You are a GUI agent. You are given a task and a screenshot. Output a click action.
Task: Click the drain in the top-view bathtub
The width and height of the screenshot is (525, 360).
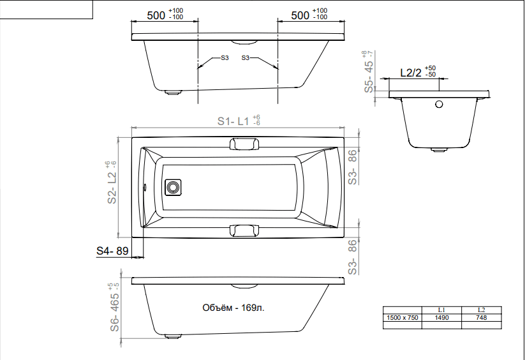click(173, 188)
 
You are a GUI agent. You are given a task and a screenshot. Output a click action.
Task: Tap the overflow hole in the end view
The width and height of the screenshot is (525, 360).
click(439, 104)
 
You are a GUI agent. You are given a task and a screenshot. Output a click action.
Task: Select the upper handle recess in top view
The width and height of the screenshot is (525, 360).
click(244, 144)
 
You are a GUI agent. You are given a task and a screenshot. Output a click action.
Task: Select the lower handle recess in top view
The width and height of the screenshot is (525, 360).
click(244, 230)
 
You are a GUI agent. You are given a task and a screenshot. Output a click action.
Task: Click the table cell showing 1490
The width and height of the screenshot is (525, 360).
click(441, 317)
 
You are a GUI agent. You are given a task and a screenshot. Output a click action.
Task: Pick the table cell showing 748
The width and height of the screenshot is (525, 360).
click(482, 317)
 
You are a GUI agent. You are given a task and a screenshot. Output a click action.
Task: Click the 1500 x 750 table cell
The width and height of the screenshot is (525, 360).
click(403, 317)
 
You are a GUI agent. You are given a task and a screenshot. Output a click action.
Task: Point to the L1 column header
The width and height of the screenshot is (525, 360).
click(441, 310)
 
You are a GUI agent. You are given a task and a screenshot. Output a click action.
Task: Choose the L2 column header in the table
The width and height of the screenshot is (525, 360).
click(482, 310)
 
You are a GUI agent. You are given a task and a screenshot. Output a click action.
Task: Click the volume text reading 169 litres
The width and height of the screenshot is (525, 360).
click(233, 308)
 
